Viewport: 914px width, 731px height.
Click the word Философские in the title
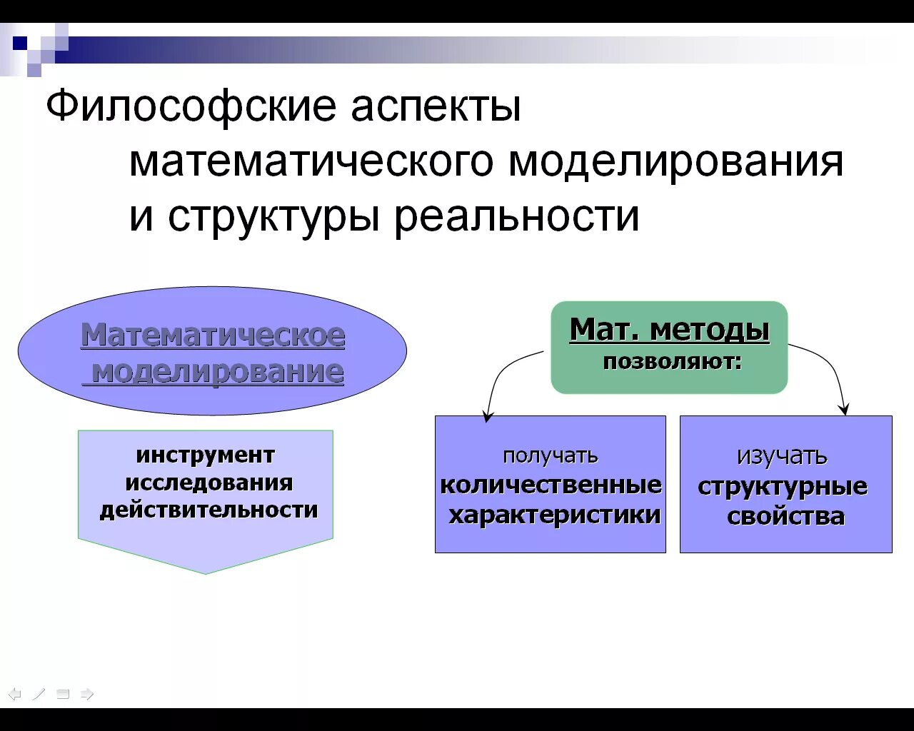pyautogui.click(x=190, y=107)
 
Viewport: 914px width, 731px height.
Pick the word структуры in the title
pyautogui.click(x=273, y=217)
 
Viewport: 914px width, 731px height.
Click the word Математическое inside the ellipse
pyautogui.click(x=213, y=335)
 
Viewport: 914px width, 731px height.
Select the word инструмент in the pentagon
pyautogui.click(x=206, y=455)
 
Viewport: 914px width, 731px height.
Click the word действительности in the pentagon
pyautogui.click(x=209, y=510)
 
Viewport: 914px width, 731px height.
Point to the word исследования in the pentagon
pyautogui.click(x=209, y=483)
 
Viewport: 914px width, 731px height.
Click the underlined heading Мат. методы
pyautogui.click(x=670, y=330)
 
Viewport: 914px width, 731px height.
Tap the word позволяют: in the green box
pyautogui.click(x=672, y=362)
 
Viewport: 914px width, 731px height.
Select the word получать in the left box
pyautogui.click(x=550, y=455)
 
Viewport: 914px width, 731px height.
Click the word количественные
pyautogui.click(x=551, y=485)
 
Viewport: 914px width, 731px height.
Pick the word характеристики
pyautogui.click(x=554, y=515)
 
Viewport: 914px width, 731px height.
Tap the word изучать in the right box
pyautogui.click(x=782, y=455)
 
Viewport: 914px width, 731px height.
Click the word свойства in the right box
pyautogui.click(x=785, y=516)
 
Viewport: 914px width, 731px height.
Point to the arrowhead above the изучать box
pyautogui.click(x=845, y=410)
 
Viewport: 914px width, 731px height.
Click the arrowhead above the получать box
pyautogui.click(x=488, y=416)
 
